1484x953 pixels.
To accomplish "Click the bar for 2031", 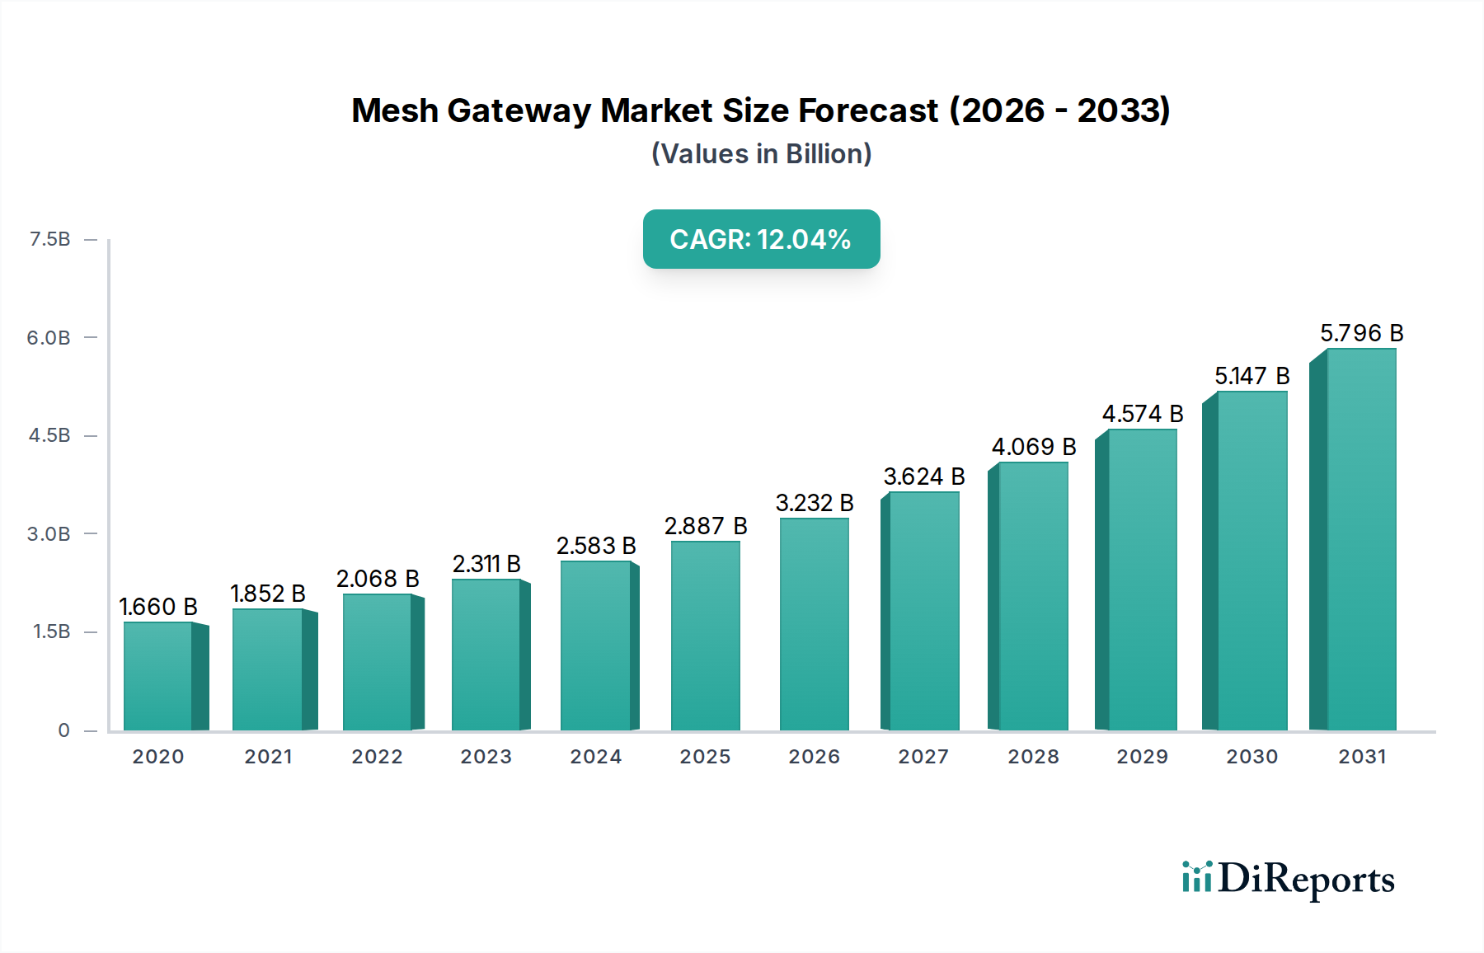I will click(1360, 540).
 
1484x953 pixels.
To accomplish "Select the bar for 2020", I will click(158, 676).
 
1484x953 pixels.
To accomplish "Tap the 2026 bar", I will click(814, 624).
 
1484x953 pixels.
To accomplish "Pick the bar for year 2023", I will click(486, 655).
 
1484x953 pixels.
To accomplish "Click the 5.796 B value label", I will click(1361, 333).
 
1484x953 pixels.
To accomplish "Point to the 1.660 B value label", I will click(158, 607).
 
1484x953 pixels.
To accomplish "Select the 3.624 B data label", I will click(923, 476).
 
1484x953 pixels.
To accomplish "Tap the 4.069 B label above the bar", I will click(1033, 447).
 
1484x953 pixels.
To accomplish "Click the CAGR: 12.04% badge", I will click(761, 239).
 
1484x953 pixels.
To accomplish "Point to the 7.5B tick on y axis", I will click(49, 239).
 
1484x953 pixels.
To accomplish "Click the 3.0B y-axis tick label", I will click(49, 533).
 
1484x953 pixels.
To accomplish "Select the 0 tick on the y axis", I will click(63, 730).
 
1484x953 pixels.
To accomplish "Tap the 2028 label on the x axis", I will click(1033, 756).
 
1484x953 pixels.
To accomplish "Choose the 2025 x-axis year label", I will click(705, 756).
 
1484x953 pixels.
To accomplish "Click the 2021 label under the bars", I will click(268, 756).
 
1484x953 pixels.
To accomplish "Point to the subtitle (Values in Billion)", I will click(761, 154).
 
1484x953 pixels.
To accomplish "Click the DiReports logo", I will click(1288, 879).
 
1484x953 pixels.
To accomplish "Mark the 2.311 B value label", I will click(486, 564).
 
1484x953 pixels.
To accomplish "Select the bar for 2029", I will click(1142, 580).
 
